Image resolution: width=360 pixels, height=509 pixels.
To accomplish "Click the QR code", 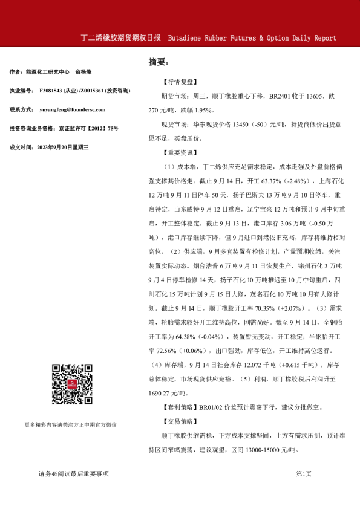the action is point(71,384).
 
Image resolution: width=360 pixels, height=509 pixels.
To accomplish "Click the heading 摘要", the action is point(159,62).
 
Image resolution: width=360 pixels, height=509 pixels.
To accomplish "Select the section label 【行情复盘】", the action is point(179,82).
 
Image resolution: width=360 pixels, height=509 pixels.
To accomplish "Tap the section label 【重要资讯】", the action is point(179,152).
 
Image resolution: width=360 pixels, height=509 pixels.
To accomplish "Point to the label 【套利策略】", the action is point(180,408).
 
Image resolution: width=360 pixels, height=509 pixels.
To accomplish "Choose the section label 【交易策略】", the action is point(179,421).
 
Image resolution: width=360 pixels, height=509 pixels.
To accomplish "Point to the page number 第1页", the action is point(304,474).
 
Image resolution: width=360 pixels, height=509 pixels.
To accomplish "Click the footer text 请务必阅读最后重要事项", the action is point(73,474).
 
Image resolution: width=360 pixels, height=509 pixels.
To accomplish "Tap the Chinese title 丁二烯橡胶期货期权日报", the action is point(120,37).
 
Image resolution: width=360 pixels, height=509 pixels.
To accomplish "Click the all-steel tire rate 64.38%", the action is point(187,336).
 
